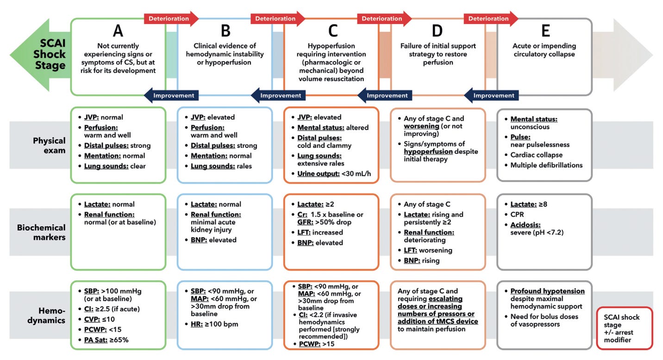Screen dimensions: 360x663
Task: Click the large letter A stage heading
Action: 118,31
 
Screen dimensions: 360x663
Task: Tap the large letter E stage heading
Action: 545,31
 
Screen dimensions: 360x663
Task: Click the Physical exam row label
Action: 49,145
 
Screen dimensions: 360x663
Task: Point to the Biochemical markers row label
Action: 41,232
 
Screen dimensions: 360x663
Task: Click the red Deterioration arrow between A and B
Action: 170,19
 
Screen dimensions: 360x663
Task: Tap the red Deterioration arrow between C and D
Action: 384,19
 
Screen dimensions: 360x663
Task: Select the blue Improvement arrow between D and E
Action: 492,95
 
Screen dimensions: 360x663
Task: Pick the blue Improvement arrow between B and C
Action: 278,95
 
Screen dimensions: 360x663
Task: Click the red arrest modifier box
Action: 624,328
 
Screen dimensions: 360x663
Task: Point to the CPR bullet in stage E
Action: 518,214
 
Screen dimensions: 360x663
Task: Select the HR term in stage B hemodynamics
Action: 196,324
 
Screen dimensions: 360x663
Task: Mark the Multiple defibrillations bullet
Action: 546,165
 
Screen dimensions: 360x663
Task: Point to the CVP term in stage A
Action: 91,319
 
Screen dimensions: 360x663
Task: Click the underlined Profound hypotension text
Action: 547,291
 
